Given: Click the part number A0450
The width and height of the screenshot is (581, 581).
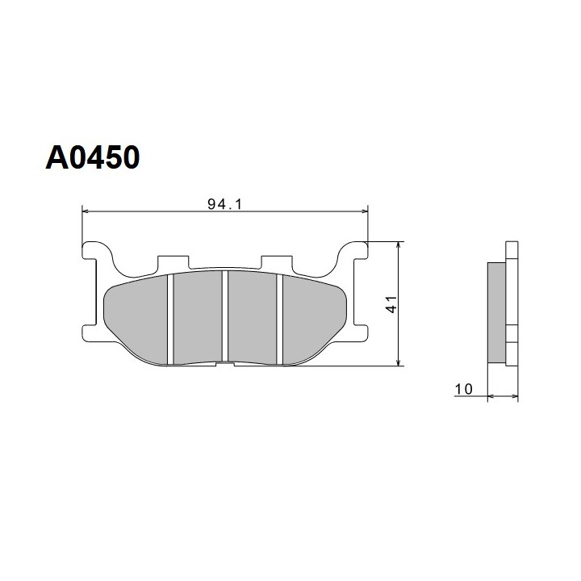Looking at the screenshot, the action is [93, 157].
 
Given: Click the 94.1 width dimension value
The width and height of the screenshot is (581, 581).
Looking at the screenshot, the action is [224, 204].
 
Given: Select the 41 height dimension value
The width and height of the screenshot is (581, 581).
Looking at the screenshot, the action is [391, 304].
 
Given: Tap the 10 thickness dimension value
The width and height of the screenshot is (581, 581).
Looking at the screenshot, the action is [463, 389].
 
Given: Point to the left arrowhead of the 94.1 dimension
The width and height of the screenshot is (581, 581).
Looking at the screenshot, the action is [86, 211].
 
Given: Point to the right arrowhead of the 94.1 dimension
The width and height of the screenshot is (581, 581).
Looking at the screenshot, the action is [365, 211].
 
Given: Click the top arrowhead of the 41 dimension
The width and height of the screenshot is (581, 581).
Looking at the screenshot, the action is [399, 245].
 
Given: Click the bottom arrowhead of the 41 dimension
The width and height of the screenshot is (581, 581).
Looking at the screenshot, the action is [399, 362].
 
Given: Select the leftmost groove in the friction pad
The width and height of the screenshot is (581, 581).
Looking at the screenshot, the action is [170, 319].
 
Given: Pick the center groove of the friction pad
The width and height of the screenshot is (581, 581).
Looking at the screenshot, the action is [225, 316].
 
